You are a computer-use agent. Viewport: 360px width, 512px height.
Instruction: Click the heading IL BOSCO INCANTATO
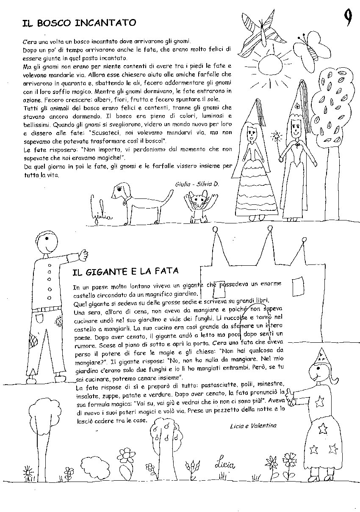coord(79,23)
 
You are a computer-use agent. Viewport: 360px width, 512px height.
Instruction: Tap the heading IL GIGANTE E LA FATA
coord(125,271)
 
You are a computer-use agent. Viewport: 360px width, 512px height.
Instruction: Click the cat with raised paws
coord(197,206)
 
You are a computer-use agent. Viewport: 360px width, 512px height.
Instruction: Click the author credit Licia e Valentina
coord(253,425)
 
